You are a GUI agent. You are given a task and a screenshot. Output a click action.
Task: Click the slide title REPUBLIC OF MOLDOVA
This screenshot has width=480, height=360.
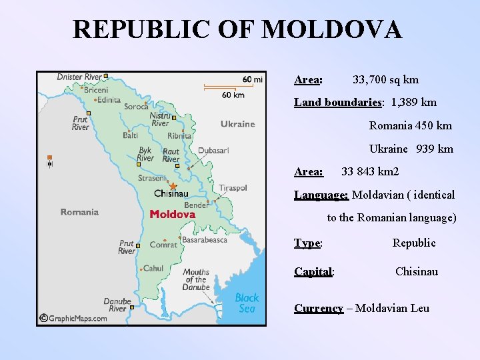[237, 30]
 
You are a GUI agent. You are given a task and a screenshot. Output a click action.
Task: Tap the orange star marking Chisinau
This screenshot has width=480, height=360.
[173, 186]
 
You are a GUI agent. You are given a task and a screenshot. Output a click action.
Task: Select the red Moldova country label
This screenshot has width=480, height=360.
[173, 215]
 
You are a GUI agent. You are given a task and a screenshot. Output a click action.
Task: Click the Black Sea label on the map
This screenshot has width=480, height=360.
[247, 303]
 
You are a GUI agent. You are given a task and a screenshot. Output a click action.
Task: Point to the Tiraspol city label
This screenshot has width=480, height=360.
[233, 188]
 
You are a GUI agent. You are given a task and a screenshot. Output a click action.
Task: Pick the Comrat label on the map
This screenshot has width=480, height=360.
[163, 245]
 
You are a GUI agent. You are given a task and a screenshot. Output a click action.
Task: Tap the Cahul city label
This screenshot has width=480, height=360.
[153, 269]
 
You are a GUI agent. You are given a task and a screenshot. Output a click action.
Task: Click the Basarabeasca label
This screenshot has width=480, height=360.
[205, 239]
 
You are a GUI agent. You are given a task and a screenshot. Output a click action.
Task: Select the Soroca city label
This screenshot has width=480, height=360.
[136, 107]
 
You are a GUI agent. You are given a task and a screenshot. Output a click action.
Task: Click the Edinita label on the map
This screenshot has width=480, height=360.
[109, 100]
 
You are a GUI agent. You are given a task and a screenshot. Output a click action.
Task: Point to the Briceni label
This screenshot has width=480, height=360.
[96, 90]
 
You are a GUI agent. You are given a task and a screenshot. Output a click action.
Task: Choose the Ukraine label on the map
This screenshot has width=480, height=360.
[238, 124]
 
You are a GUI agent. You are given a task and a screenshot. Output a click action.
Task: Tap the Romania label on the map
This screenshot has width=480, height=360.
[79, 212]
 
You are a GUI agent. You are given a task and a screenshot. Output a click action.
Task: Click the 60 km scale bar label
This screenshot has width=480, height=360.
[233, 95]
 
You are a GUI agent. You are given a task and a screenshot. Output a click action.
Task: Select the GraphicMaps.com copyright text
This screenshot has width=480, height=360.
[77, 318]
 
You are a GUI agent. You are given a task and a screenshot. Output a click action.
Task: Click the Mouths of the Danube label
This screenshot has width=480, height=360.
[196, 279]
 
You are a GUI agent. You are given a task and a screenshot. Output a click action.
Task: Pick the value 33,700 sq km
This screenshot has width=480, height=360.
[385, 80]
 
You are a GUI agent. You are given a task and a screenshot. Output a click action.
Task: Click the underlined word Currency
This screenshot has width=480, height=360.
[319, 308]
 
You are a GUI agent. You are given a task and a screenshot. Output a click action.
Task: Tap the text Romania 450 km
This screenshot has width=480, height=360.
[411, 125]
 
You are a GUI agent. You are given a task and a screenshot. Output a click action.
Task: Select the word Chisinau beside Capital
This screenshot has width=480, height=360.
[417, 271]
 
